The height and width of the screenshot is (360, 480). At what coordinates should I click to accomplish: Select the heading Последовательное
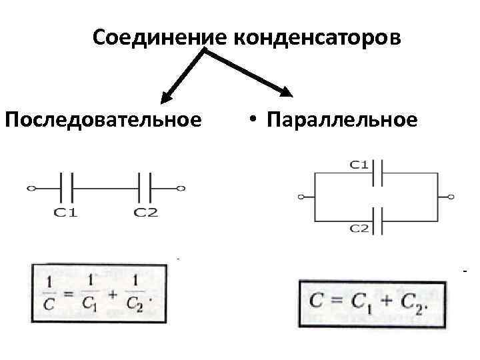(x=103, y=120)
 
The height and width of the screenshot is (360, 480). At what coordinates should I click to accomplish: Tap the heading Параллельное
(x=341, y=120)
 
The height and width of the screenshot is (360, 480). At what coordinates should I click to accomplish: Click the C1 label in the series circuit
(x=66, y=213)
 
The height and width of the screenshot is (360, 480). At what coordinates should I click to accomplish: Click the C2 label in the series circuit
(x=145, y=213)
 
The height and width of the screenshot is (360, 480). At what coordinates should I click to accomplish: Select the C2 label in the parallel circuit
(x=360, y=228)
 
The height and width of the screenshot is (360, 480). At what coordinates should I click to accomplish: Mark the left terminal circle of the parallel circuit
(x=302, y=197)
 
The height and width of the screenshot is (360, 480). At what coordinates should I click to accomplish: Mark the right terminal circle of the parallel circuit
(x=452, y=197)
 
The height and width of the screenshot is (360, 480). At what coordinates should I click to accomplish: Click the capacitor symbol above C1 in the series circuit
(x=66, y=189)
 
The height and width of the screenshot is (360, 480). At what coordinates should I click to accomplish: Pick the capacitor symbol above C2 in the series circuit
(x=145, y=189)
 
